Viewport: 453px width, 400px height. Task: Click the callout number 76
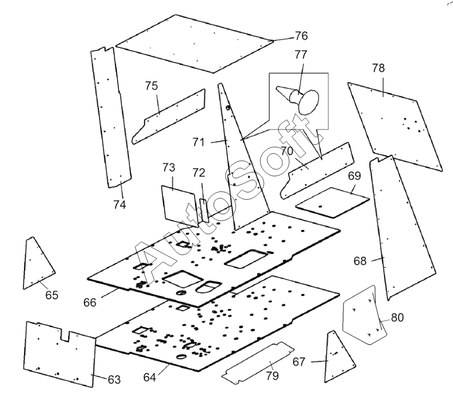(301, 36)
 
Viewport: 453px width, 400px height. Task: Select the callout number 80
(397, 317)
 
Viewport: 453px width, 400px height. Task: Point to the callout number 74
(120, 205)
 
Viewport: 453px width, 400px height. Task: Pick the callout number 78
(378, 68)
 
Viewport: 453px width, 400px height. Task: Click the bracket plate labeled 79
(259, 363)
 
